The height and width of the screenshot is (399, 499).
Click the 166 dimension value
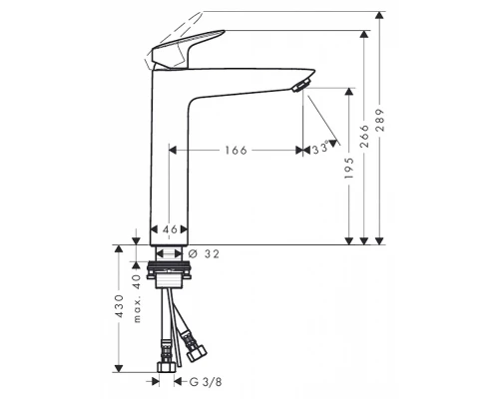[235, 150]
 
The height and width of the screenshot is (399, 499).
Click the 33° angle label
[319, 150]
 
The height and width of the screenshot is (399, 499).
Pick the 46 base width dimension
[170, 229]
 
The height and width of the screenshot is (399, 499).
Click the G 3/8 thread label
[206, 380]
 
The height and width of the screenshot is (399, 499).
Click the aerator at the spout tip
[297, 88]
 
